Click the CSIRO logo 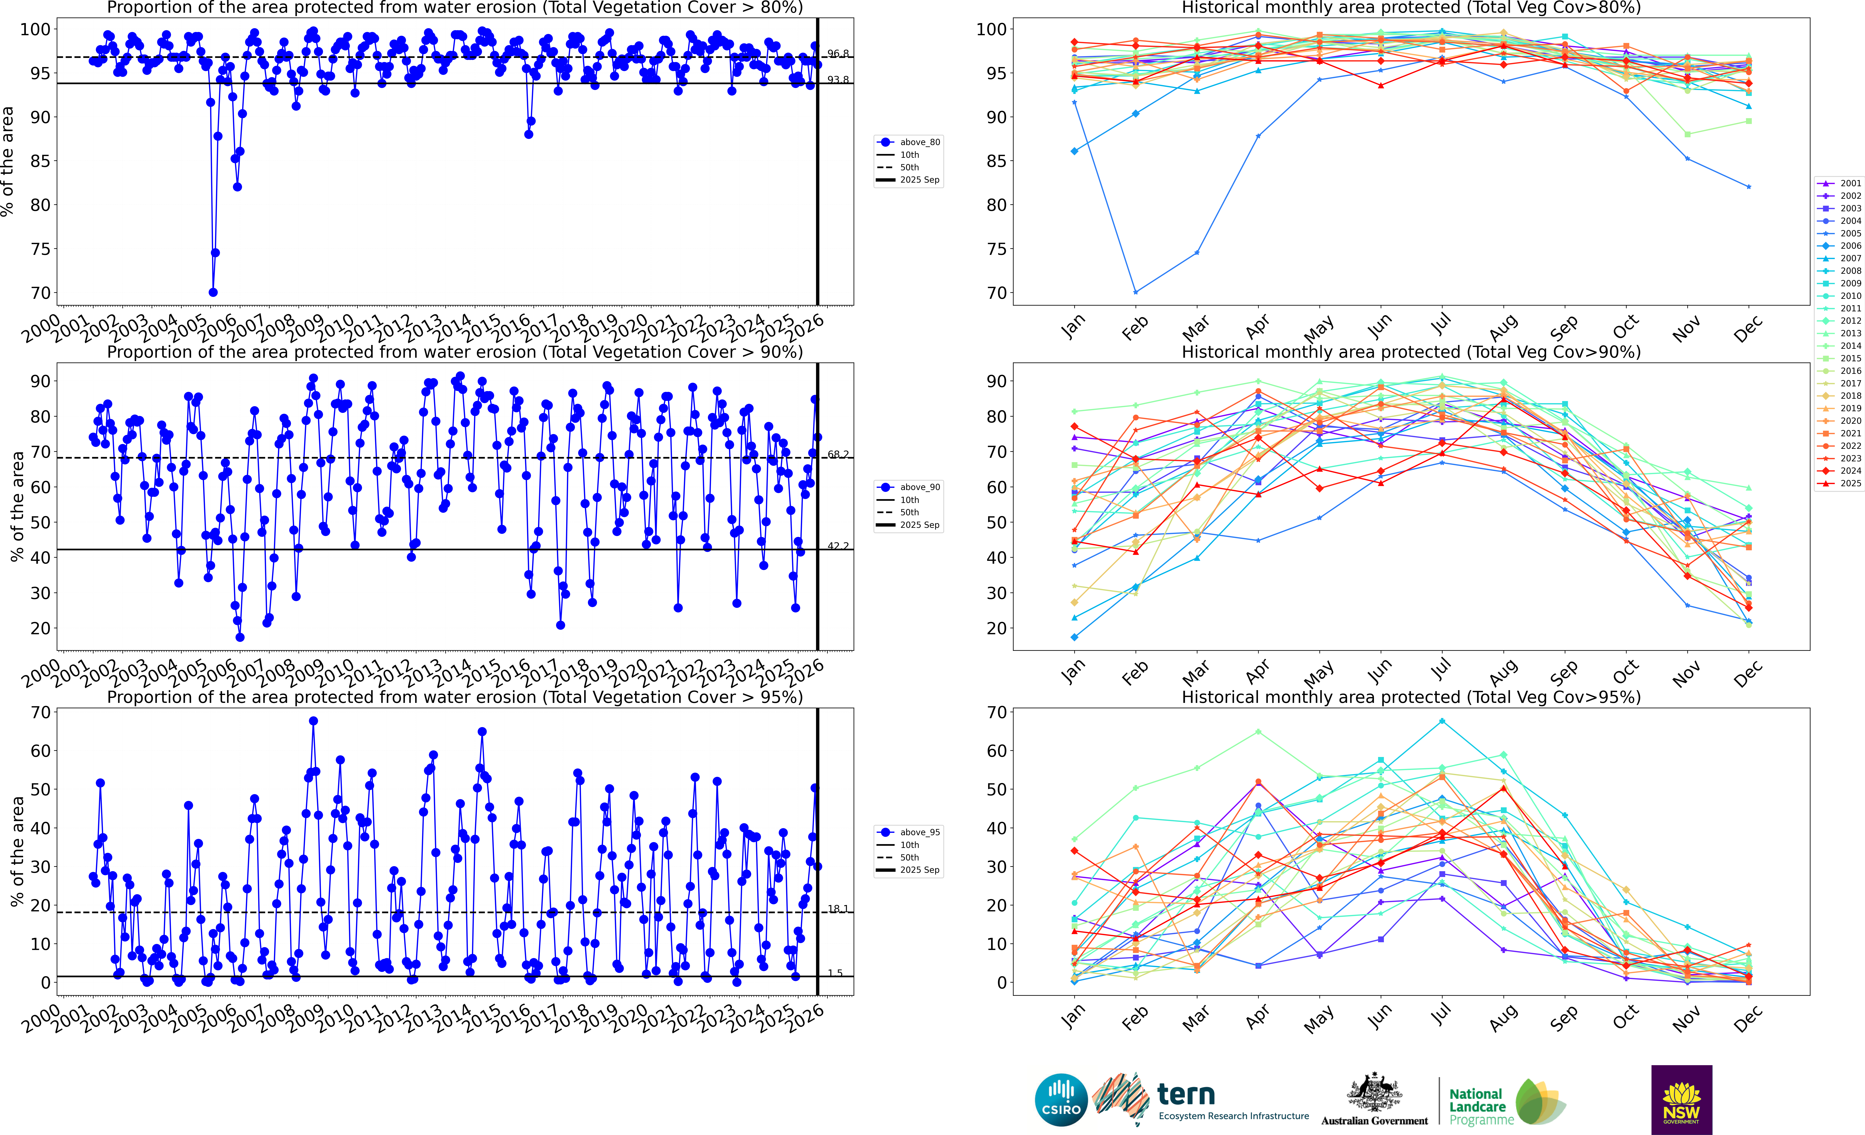(1061, 1099)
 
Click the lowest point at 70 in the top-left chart (214, 292)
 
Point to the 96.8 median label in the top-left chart (837, 54)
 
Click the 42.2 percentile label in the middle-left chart (837, 546)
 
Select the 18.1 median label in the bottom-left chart (837, 909)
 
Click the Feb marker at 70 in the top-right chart (1135, 292)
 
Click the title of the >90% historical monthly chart (1411, 352)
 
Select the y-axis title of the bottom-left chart (17, 851)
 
